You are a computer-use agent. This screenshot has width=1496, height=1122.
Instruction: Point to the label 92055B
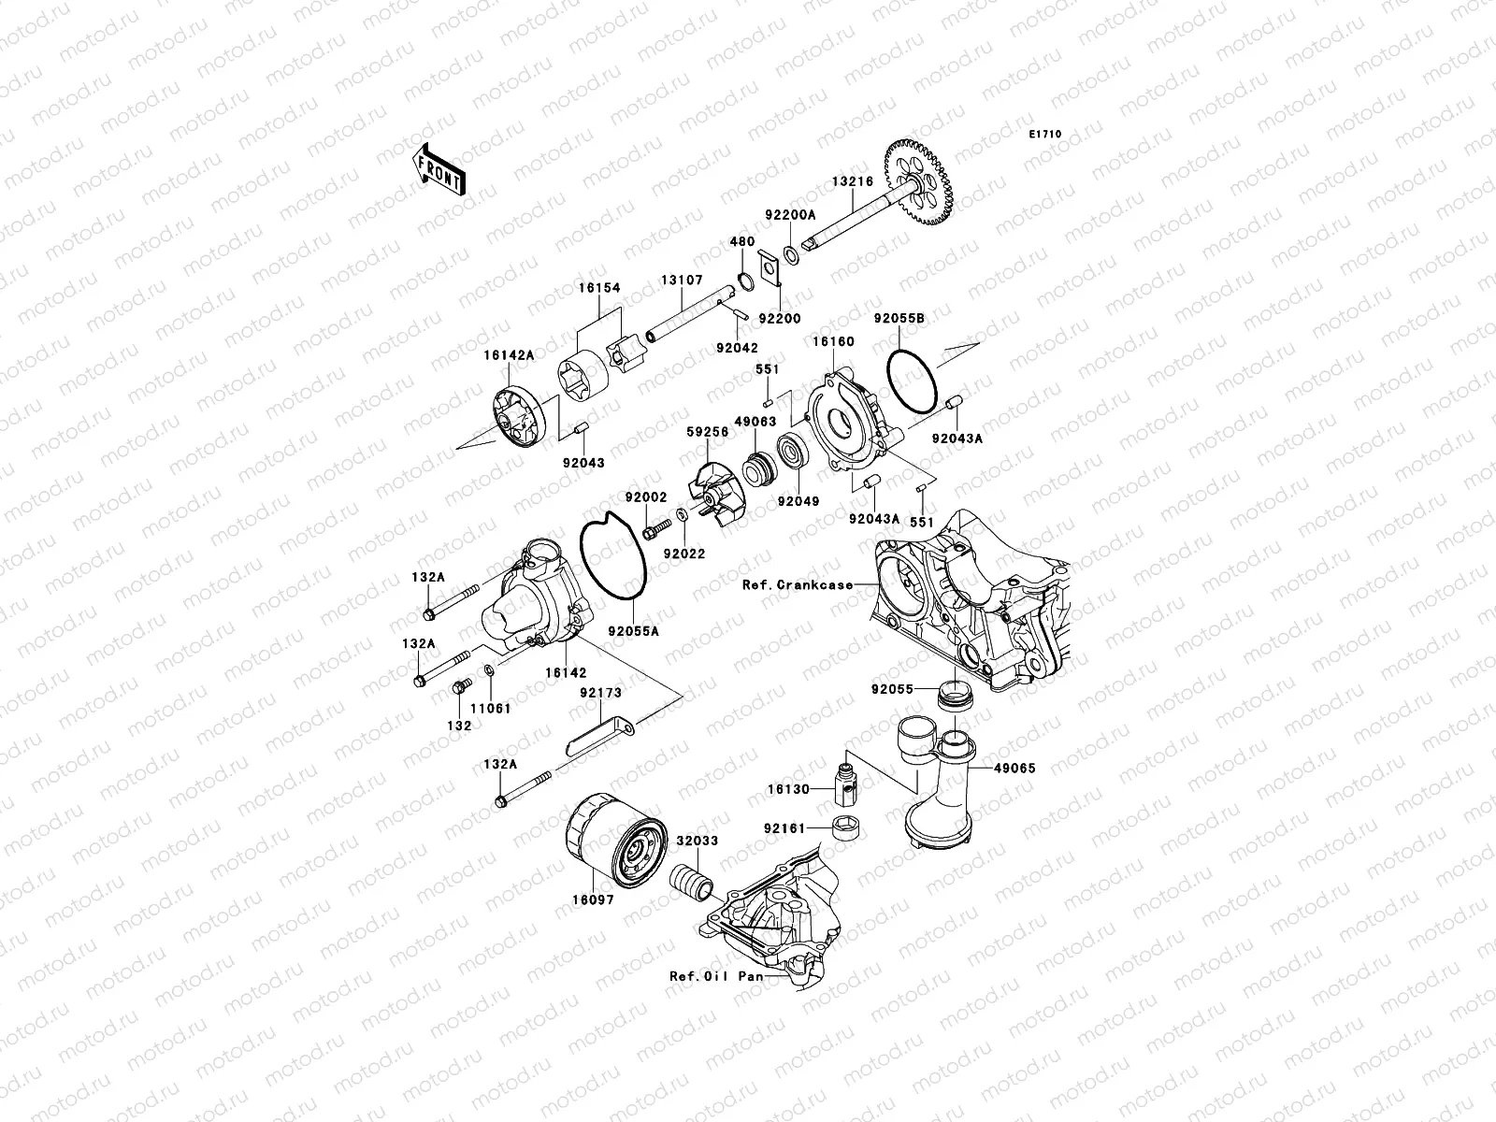tap(899, 319)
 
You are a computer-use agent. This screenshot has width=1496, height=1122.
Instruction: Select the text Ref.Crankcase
tap(798, 584)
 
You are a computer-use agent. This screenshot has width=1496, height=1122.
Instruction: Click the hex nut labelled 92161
tap(846, 828)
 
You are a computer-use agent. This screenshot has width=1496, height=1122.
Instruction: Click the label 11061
tap(491, 709)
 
